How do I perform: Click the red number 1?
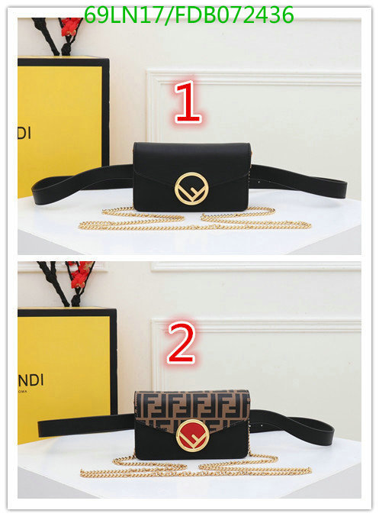pos(188,102)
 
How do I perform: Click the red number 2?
pos(181,343)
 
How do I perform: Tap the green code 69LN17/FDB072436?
pos(188,15)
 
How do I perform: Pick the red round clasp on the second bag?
pos(193,435)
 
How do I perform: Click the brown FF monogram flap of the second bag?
pos(192,407)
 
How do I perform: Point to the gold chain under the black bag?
pos(195,219)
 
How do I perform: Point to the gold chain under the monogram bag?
pos(195,466)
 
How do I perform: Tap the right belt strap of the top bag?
pos(298,181)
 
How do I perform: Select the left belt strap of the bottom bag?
pos(86,425)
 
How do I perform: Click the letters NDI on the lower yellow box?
pos(31,380)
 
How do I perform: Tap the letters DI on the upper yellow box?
pos(24,133)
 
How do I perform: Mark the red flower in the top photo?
pos(70,27)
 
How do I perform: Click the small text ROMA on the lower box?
pos(23,392)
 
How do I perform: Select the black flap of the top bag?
pos(191,162)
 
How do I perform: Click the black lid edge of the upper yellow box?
pos(63,61)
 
